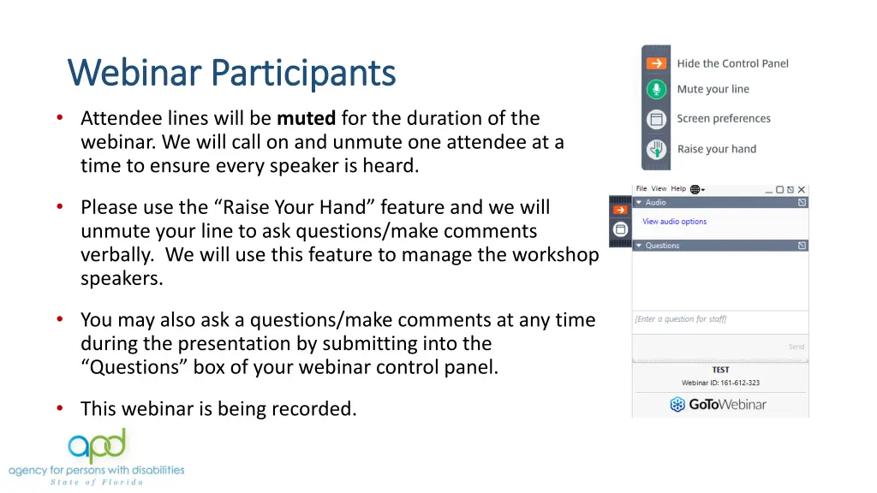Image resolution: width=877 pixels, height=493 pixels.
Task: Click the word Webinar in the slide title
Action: tap(135, 74)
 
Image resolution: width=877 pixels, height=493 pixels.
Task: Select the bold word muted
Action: tap(306, 118)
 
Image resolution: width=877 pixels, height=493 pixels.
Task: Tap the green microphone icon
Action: tap(656, 90)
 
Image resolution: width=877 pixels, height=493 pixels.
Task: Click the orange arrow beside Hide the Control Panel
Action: tap(656, 63)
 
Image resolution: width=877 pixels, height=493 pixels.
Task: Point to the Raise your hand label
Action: tap(716, 149)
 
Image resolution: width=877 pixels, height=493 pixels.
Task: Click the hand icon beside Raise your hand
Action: tap(656, 150)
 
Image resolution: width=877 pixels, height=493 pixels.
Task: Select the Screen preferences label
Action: tap(724, 119)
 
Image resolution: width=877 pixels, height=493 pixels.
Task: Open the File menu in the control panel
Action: tap(641, 189)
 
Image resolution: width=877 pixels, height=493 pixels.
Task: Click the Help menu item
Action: tap(678, 189)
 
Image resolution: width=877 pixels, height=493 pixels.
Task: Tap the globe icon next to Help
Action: tap(695, 189)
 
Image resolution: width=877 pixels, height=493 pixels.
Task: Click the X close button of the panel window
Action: tap(801, 189)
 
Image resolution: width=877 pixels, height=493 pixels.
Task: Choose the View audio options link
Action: tap(674, 222)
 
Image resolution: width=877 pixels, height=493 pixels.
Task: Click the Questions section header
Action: tap(662, 246)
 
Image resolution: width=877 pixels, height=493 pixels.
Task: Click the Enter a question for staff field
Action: tap(719, 319)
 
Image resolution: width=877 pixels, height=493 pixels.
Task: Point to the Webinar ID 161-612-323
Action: tap(720, 383)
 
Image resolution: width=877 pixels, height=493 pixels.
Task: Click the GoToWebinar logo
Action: tap(718, 404)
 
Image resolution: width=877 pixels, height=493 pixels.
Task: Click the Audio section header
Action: tap(655, 203)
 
